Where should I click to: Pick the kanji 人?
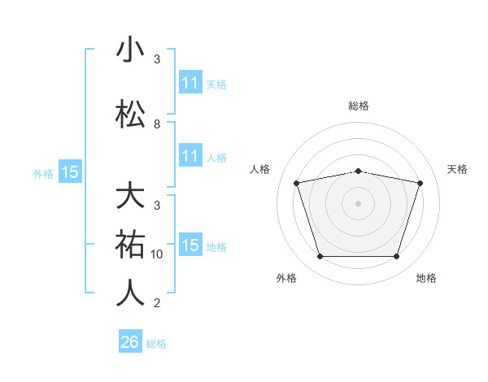coord(130,293)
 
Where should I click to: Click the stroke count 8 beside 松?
coord(157,124)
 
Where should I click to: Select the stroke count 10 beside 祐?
coord(158,254)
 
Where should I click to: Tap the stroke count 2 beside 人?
coord(157,303)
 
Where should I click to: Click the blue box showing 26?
coord(130,342)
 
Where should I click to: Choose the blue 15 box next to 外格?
coord(70,172)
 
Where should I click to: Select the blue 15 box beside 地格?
coord(190,246)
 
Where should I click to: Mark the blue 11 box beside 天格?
coord(190,83)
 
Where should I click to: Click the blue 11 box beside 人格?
coord(190,156)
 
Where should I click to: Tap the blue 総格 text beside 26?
coord(157,344)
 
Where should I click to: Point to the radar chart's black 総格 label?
coord(358,106)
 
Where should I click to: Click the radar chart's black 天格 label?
coord(457,169)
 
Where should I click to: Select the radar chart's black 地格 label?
coord(426,278)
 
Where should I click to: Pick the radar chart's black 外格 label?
coord(286,278)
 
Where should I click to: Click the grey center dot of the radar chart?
coord(358,203)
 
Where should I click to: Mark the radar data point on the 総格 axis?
coord(358,171)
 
